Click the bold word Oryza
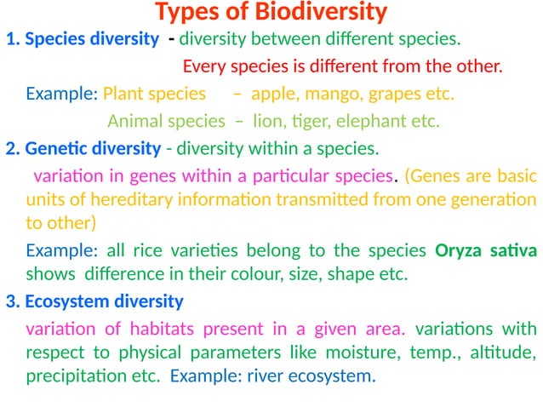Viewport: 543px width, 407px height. (x=460, y=251)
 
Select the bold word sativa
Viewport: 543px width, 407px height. (x=513, y=251)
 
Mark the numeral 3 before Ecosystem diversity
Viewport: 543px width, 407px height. (x=10, y=301)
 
